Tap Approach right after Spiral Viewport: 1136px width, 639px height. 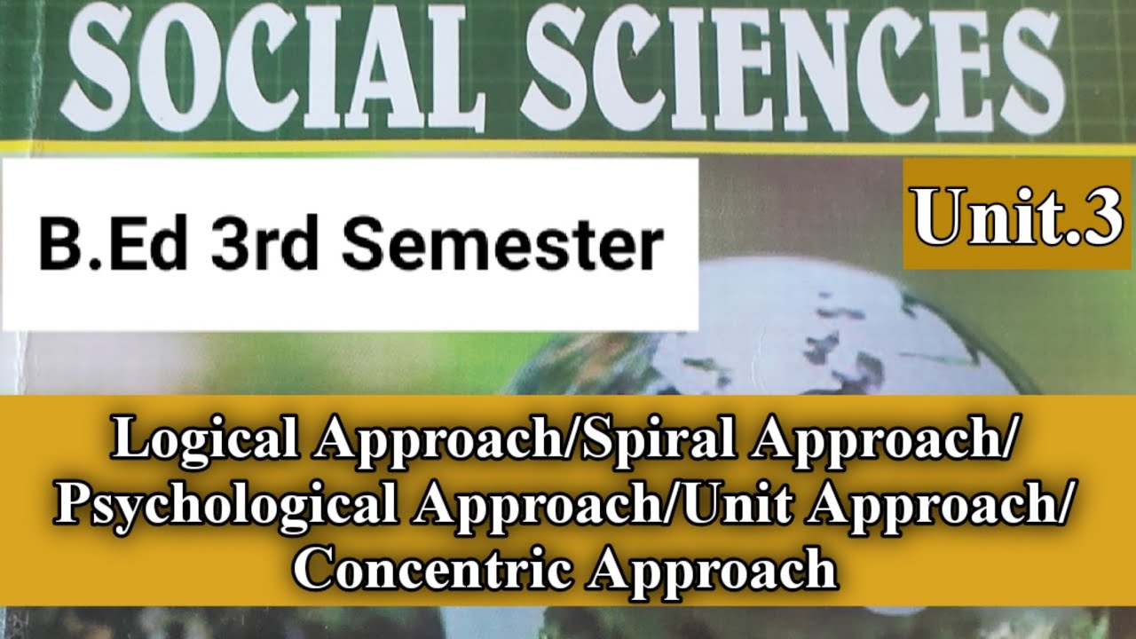click(879, 441)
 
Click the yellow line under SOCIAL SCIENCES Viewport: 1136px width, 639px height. click(568, 147)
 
